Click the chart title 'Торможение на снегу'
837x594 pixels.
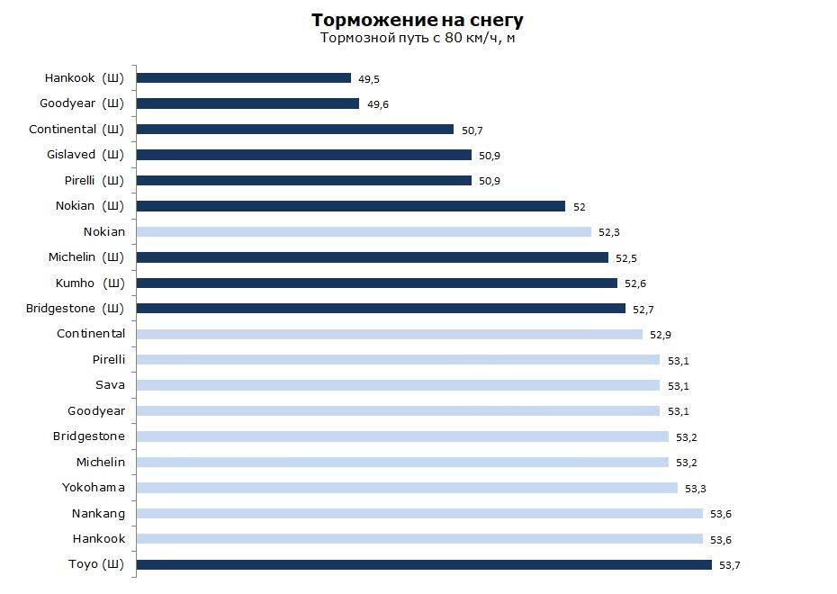point(417,20)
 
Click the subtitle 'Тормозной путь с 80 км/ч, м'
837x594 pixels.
point(417,38)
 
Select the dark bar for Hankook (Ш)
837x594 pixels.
point(243,78)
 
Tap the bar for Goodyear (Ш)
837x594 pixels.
point(247,103)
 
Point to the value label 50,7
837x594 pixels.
point(472,130)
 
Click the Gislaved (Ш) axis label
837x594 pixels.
point(85,155)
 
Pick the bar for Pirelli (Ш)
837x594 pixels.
point(303,180)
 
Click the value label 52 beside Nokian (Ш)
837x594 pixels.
point(580,207)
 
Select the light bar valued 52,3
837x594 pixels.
point(364,231)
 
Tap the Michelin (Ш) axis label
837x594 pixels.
point(86,257)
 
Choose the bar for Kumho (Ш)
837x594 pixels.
point(376,283)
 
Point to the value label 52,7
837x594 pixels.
point(643,310)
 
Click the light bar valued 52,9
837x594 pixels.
point(389,334)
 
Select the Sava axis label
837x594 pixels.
point(110,385)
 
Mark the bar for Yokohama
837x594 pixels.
point(406,488)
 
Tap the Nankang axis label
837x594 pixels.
point(98,514)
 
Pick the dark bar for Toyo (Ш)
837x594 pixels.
point(423,565)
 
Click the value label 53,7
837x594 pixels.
point(729,566)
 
